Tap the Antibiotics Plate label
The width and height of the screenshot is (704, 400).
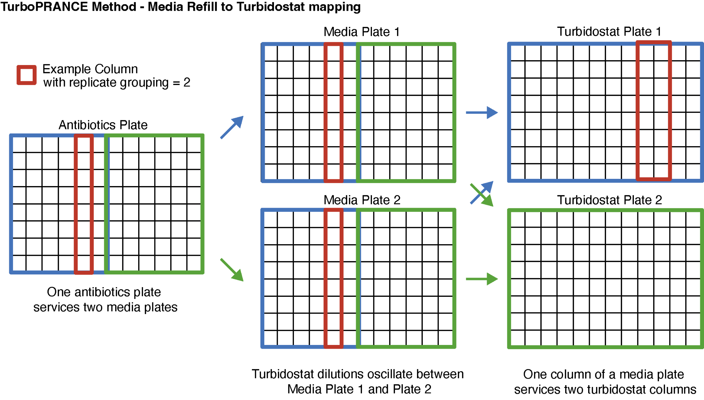[x=103, y=125]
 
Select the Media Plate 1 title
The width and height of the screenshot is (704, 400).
[x=362, y=32]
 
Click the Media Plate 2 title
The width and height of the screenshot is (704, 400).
[x=362, y=200]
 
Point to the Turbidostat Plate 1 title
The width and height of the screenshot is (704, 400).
[x=609, y=31]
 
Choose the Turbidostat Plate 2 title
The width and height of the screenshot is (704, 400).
[x=609, y=200]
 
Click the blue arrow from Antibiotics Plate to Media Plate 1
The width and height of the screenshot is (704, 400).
[x=232, y=127]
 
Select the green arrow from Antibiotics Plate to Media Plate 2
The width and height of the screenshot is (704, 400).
[x=232, y=270]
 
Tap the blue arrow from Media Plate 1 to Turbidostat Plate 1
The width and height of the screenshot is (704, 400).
[x=482, y=112]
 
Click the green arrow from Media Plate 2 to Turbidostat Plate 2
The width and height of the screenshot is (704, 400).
[x=482, y=279]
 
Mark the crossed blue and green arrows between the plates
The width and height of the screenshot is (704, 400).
[x=482, y=194]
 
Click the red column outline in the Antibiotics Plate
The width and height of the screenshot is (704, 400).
[x=75, y=204]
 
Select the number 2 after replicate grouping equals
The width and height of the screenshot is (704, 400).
[x=187, y=83]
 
